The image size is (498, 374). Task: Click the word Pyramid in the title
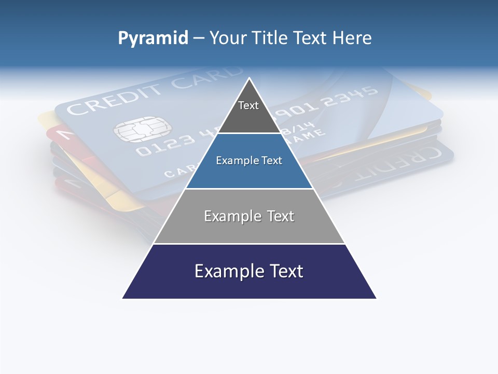coord(153,38)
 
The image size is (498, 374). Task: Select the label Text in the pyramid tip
coord(248,105)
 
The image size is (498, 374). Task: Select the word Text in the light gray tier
coord(280,216)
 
